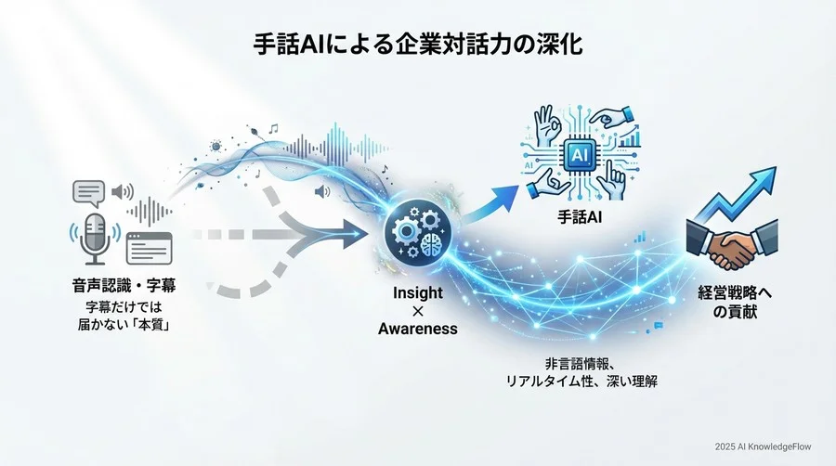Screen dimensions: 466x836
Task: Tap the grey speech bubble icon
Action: pyautogui.click(x=88, y=192)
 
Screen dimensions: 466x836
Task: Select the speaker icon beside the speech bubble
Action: pyautogui.click(x=122, y=192)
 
